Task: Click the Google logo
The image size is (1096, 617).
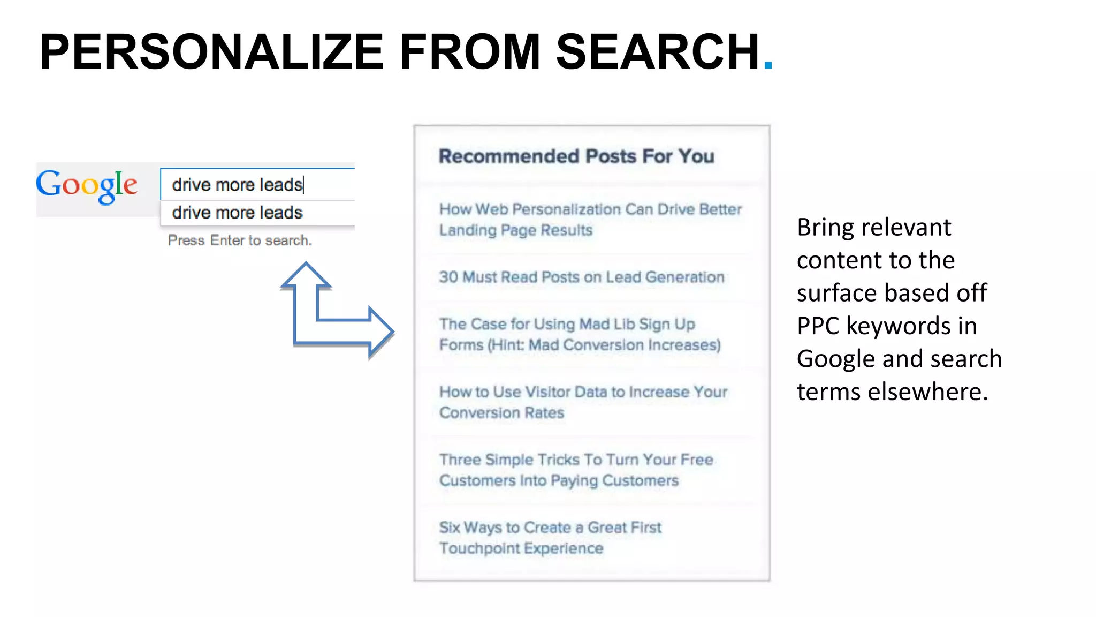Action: pyautogui.click(x=87, y=185)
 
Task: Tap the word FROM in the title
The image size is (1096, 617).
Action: pyautogui.click(x=470, y=52)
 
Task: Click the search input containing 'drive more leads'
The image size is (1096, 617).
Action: pyautogui.click(x=257, y=184)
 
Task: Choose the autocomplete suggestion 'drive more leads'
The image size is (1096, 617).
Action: pyautogui.click(x=238, y=213)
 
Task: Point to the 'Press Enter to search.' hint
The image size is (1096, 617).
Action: pyautogui.click(x=240, y=240)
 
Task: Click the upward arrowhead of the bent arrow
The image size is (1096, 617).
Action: pyautogui.click(x=306, y=275)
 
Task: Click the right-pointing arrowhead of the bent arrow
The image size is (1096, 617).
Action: pyautogui.click(x=380, y=332)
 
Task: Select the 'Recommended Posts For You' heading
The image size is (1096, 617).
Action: pyautogui.click(x=576, y=156)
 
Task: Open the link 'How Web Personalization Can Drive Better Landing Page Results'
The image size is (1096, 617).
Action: pyautogui.click(x=590, y=220)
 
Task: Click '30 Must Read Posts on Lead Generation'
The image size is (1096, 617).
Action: pyautogui.click(x=581, y=277)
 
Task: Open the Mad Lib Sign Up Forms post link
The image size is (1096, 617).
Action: pyautogui.click(x=580, y=334)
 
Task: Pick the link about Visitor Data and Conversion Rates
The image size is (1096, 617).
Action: pyautogui.click(x=583, y=402)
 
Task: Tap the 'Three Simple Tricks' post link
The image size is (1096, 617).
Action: pyautogui.click(x=576, y=470)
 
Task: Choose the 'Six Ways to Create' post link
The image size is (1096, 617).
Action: pyautogui.click(x=550, y=538)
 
